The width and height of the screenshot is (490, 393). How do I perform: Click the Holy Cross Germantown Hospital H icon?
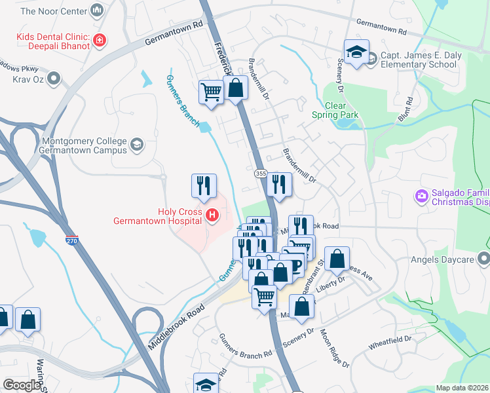coord(212,214)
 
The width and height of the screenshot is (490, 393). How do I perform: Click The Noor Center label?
coord(53,11)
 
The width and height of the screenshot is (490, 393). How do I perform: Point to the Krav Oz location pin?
coord(54,79)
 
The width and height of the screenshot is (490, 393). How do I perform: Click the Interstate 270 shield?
coord(72,240)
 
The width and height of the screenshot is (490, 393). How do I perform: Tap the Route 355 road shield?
coord(260,172)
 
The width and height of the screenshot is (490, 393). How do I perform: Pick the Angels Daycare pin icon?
coord(484,257)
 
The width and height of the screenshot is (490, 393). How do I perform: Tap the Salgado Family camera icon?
coord(421,195)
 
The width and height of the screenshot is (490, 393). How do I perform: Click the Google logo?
coord(22,384)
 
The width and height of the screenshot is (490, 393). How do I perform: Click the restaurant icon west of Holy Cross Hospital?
coord(204,185)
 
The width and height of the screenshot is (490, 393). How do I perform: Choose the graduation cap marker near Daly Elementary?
coord(356,53)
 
